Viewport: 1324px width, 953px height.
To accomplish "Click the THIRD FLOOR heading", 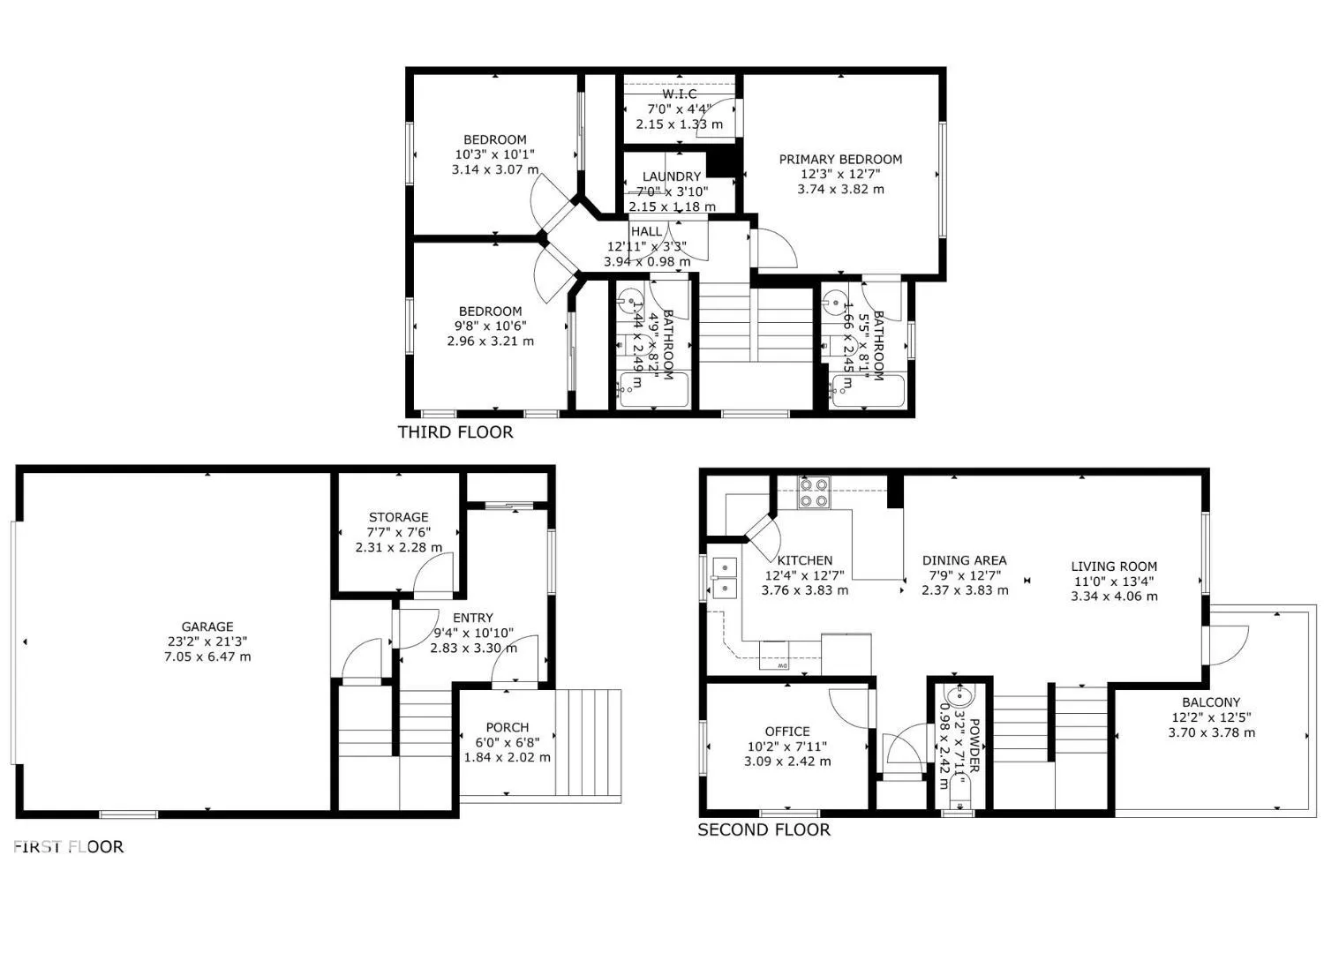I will pyautogui.click(x=455, y=432).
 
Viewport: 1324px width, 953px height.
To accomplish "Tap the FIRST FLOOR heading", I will pyautogui.click(x=68, y=846).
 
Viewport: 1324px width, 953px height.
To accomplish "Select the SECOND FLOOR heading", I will pyautogui.click(x=764, y=829).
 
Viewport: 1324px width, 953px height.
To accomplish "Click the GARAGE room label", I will pyautogui.click(x=207, y=627).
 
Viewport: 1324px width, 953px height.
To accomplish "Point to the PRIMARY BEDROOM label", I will pyautogui.click(x=840, y=160).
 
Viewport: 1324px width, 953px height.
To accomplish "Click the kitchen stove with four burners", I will pyautogui.click(x=813, y=492).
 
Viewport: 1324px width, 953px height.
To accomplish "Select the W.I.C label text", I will pyautogui.click(x=679, y=94).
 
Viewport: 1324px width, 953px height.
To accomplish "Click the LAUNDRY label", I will pyautogui.click(x=671, y=176).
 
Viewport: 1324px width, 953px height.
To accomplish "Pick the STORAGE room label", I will pyautogui.click(x=398, y=517).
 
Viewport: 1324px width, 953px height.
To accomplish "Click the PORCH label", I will pyautogui.click(x=507, y=727).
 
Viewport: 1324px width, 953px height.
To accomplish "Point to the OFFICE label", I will pyautogui.click(x=786, y=732).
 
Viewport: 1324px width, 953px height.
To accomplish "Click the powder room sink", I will pyautogui.click(x=957, y=697).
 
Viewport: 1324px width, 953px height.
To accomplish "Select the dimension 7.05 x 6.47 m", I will pyautogui.click(x=207, y=657).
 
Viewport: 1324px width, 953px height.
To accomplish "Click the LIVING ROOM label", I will pyautogui.click(x=1114, y=567).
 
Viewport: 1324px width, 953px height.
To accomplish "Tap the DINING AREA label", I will pyautogui.click(x=964, y=560).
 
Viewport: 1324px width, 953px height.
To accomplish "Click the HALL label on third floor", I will pyautogui.click(x=646, y=231).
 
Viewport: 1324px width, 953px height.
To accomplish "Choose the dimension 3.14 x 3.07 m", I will pyautogui.click(x=494, y=169).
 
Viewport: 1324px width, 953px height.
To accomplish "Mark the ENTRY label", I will pyautogui.click(x=472, y=618).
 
